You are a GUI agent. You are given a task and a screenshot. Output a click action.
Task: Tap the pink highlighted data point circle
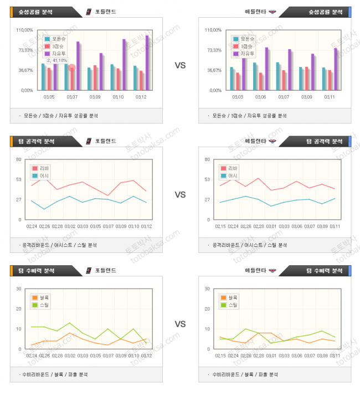71,67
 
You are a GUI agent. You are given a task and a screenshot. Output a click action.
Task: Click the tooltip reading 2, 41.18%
58,60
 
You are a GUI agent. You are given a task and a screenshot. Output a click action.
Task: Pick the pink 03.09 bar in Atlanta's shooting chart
306,78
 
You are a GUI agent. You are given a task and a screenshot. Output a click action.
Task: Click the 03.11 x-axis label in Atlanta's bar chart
330,97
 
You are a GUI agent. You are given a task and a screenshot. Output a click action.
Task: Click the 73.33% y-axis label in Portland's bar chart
27,50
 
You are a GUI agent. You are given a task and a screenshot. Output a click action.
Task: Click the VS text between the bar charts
180,65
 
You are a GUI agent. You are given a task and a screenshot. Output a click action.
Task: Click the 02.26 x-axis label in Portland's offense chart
45,226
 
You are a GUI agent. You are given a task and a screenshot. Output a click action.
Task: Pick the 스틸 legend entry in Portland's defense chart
41,304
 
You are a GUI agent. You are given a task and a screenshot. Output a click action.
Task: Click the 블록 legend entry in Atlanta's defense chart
230,297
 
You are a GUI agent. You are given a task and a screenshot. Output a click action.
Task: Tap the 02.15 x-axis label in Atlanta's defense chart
220,356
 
